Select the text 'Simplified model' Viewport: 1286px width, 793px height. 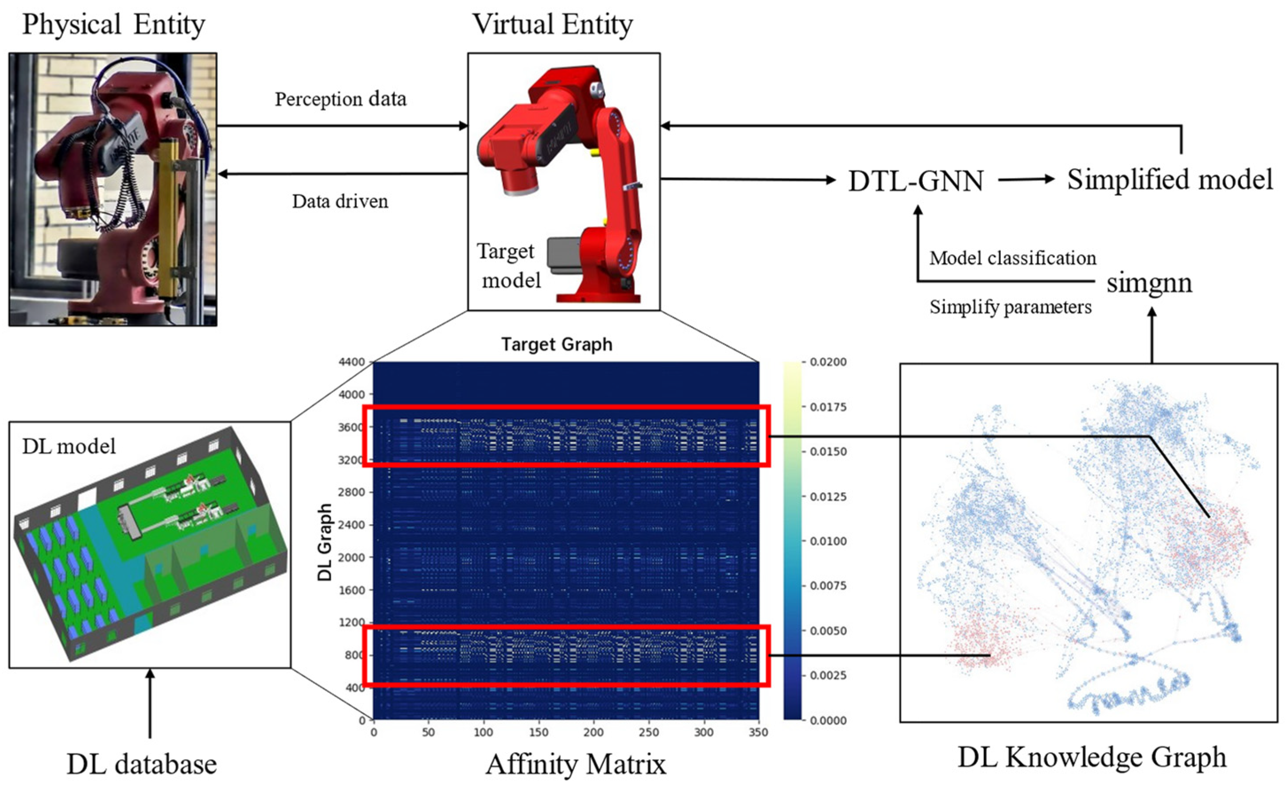1170,179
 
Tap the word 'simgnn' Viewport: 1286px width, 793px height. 1149,283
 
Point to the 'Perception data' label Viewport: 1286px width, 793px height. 341,99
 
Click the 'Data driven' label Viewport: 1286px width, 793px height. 340,202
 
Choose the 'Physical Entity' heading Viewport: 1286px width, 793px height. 113,25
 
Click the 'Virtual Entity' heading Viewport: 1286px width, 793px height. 553,25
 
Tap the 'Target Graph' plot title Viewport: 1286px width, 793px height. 557,345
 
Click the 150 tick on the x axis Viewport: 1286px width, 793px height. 538,732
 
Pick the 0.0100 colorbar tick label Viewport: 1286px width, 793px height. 828,541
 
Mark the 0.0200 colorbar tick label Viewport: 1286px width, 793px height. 828,362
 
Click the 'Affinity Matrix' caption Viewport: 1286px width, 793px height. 576,764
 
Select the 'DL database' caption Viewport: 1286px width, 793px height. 142,764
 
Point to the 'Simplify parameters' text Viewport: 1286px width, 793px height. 1010,307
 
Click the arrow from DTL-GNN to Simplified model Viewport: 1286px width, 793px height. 1026,180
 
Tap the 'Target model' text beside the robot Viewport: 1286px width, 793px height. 507,266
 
